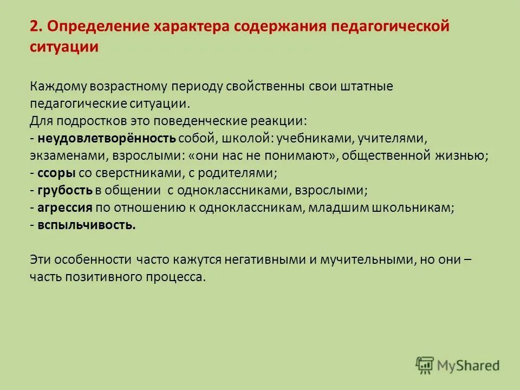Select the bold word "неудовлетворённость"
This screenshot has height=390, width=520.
tap(107, 139)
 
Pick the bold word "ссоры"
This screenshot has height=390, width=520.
tap(57, 173)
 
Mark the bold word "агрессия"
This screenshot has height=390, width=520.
tap(65, 208)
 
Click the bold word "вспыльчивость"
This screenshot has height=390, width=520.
tap(87, 225)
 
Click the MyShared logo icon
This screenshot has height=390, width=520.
tap(425, 365)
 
